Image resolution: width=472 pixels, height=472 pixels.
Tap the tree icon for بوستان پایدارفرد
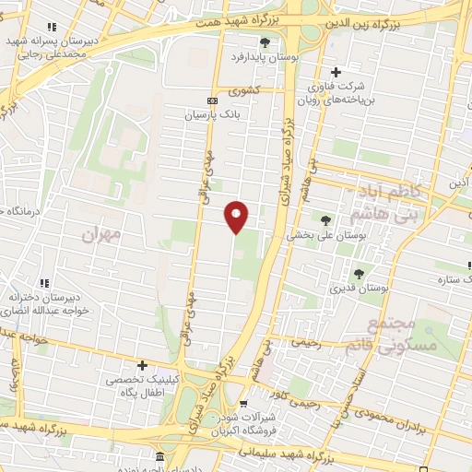click(265, 41)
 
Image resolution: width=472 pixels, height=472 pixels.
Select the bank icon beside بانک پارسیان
click(213, 100)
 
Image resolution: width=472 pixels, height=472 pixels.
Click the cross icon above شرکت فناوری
click(336, 72)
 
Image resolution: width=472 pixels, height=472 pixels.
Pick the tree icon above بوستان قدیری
click(359, 273)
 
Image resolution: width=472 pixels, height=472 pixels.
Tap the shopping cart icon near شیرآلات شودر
click(243, 403)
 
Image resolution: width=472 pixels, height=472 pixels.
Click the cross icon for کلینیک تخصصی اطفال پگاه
click(142, 365)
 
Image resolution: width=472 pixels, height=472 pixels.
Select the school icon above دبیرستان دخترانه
click(43, 283)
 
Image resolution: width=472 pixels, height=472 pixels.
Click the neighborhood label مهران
click(101, 234)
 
